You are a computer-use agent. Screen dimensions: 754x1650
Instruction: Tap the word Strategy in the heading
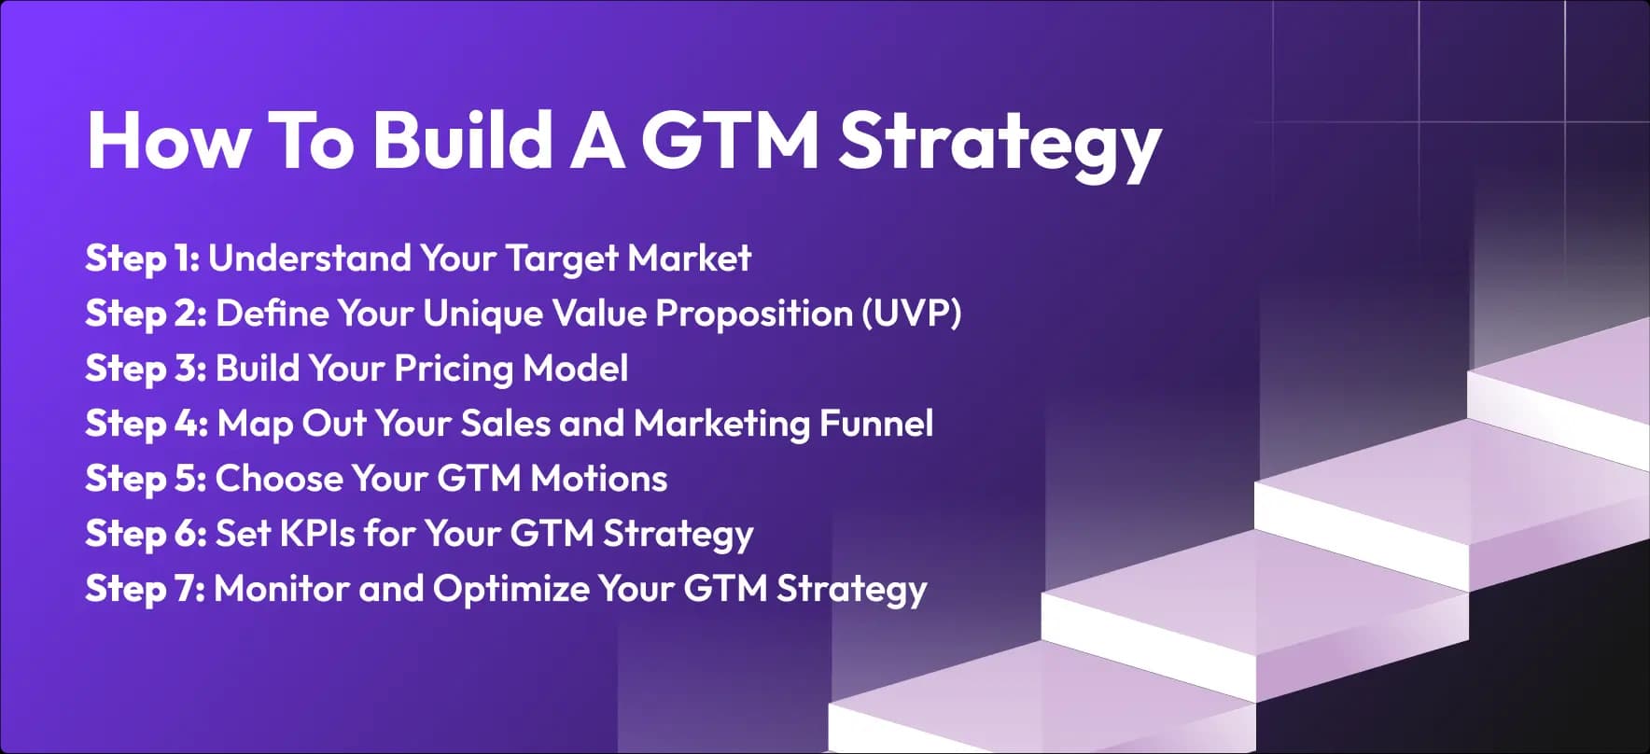point(999,142)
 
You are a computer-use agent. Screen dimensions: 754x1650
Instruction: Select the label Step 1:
point(142,258)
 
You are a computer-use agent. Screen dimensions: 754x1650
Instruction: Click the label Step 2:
point(146,314)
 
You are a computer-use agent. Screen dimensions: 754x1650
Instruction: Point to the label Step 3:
point(146,369)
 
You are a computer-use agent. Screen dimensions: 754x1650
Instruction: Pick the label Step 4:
point(147,424)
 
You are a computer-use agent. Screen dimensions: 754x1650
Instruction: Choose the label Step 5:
point(146,479)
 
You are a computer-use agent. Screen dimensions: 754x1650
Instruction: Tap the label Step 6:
point(146,534)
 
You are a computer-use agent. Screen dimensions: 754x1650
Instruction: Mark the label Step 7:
point(145,589)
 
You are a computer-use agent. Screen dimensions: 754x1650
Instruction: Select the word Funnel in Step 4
point(875,424)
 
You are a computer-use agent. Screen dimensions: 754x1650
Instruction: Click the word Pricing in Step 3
point(453,369)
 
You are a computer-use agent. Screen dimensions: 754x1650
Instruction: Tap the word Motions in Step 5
point(598,479)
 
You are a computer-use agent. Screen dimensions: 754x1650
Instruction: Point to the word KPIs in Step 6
point(317,534)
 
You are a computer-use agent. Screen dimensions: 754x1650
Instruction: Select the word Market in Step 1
point(689,258)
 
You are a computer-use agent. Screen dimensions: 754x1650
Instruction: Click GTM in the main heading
point(729,140)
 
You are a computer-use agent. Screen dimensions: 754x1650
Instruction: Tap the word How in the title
point(169,140)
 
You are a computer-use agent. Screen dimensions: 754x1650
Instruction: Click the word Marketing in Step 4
point(721,424)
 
